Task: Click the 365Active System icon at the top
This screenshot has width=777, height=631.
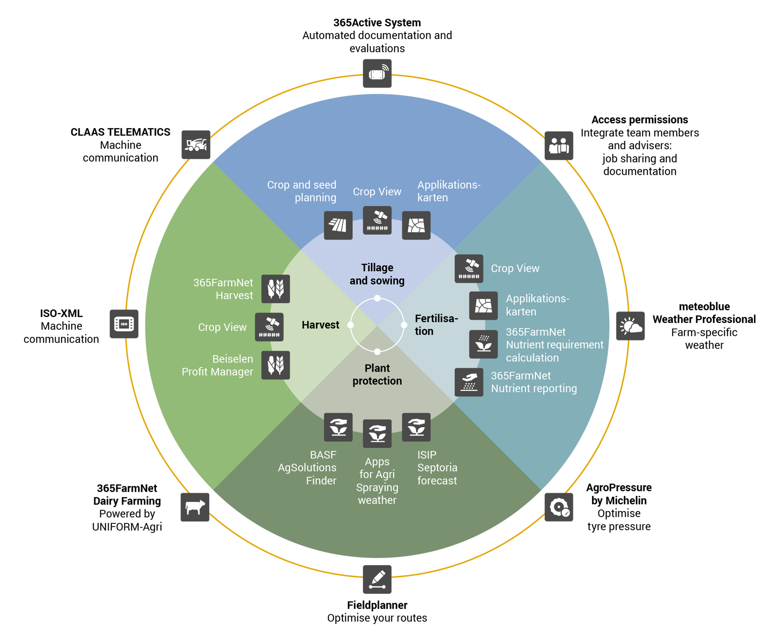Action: click(377, 73)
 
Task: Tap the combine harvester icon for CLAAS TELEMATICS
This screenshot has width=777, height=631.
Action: click(195, 145)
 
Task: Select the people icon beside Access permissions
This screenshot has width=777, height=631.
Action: click(558, 145)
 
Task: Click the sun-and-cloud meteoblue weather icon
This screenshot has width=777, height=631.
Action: click(630, 326)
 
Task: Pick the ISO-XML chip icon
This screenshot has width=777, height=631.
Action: click(124, 324)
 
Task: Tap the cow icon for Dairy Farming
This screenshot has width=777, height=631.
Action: click(195, 507)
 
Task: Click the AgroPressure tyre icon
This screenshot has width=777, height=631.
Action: click(558, 507)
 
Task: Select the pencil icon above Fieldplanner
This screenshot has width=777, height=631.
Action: click(377, 579)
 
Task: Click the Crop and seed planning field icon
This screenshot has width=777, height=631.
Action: click(338, 225)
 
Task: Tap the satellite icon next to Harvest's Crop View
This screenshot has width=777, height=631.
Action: click(269, 327)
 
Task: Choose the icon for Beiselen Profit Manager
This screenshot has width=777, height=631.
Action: click(276, 365)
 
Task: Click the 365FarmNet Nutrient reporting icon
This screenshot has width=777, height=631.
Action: click(469, 382)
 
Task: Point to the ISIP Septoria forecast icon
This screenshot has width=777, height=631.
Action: click(416, 427)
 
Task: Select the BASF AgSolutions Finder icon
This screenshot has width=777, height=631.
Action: click(338, 427)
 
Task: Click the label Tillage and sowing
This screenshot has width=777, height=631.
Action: click(377, 274)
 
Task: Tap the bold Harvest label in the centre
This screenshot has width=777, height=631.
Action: click(320, 325)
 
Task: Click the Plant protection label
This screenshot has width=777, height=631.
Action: click(377, 374)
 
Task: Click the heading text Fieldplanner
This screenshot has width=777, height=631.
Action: click(377, 605)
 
